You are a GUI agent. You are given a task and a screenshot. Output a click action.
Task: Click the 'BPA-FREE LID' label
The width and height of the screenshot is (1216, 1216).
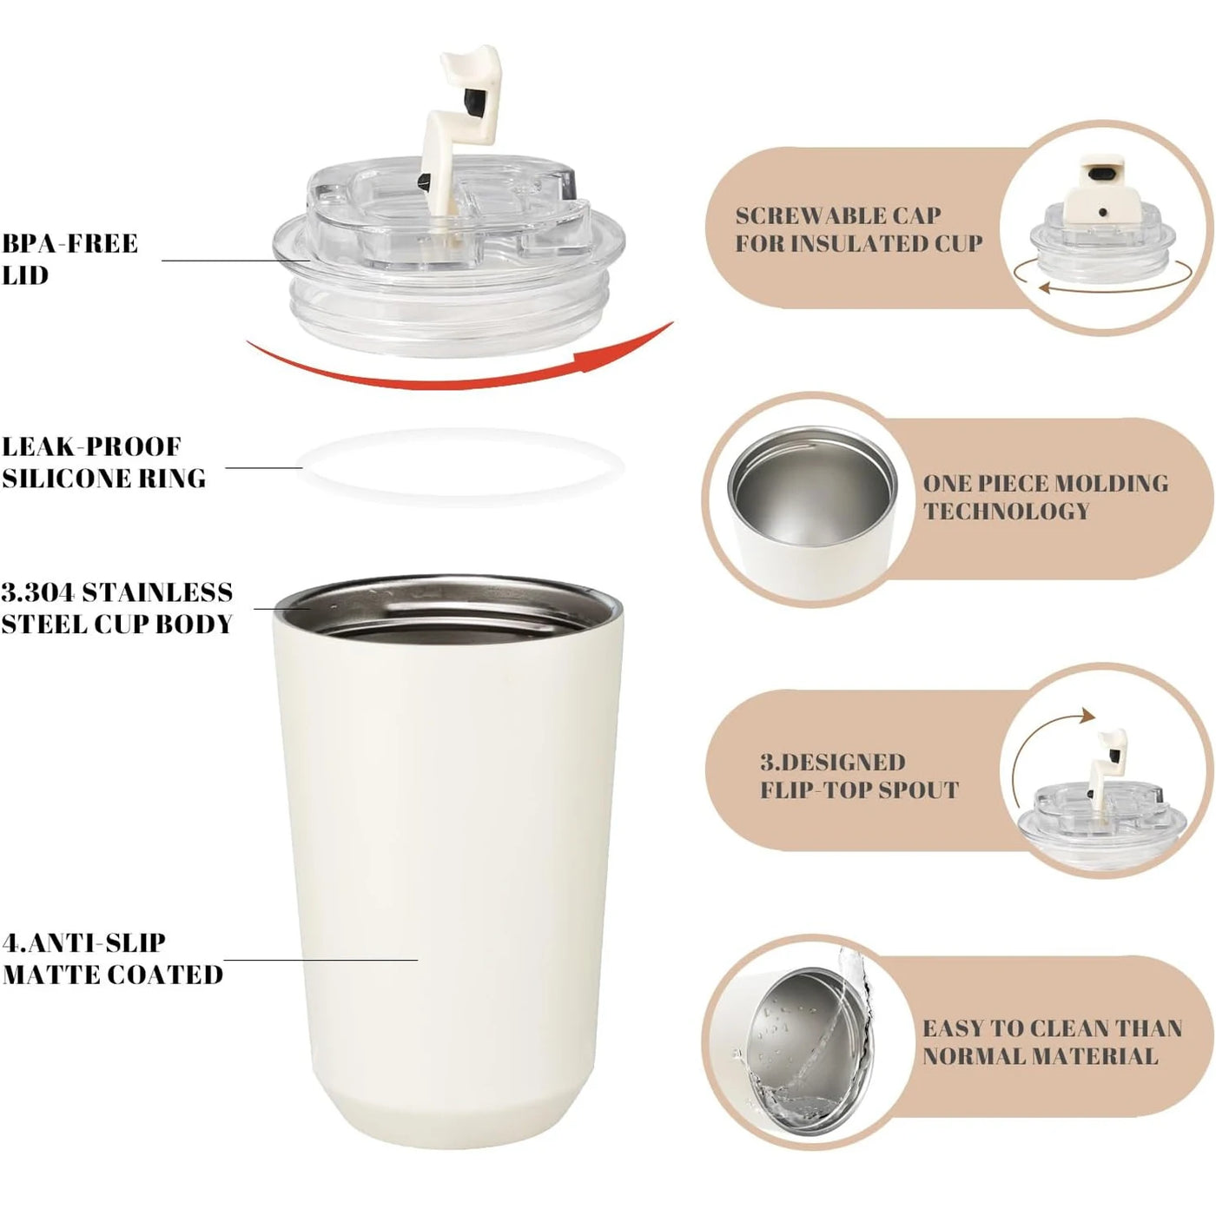tap(69, 259)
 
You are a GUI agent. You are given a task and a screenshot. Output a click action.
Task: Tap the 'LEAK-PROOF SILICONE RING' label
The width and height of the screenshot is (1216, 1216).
tap(103, 462)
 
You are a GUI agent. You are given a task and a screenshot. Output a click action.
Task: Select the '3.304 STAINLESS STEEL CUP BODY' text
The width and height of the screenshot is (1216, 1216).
tap(117, 608)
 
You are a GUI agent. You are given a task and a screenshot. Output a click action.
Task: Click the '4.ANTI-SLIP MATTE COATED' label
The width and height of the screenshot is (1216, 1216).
tap(112, 958)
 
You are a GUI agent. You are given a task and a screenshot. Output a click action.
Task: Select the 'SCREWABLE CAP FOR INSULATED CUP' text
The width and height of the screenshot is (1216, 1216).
tap(858, 229)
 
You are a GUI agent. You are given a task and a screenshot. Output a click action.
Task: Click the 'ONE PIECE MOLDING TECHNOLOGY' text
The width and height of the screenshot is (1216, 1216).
tap(1045, 497)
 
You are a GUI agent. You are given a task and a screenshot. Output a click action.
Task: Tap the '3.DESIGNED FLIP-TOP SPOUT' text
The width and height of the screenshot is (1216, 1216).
tap(858, 776)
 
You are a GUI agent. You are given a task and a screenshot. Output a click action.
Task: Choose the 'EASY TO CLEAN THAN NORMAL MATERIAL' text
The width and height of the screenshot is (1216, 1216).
tap(1051, 1042)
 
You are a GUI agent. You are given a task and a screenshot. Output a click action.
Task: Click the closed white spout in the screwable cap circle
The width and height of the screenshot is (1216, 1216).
tap(1101, 187)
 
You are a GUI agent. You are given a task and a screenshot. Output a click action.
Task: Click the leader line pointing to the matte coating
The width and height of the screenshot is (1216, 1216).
tap(321, 960)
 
